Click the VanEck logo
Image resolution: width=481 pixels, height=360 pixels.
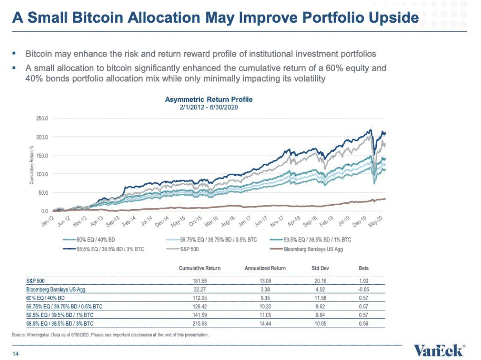[439, 350]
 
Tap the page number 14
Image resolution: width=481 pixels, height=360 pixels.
[16, 353]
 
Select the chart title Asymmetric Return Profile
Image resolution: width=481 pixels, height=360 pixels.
[209, 100]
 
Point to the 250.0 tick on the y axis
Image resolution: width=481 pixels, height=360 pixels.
[42, 119]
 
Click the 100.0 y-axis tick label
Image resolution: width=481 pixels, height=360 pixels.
[42, 174]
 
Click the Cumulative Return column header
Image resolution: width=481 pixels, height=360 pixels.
[200, 268]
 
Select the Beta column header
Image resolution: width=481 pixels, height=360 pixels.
[363, 268]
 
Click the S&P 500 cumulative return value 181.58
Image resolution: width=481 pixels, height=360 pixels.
[200, 281]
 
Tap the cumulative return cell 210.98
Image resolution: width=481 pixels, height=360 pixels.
[200, 323]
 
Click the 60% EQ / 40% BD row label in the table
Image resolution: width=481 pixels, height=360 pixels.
[45, 298]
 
